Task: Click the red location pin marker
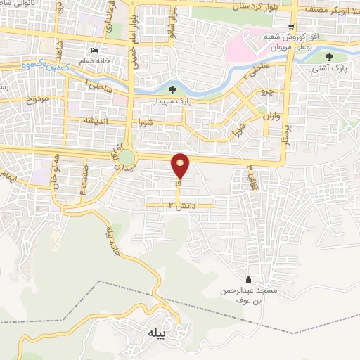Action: point(181,165)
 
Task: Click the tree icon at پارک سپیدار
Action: point(173,89)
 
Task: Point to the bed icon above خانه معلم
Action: point(94,50)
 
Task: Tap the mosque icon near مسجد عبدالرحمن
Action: point(248,279)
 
